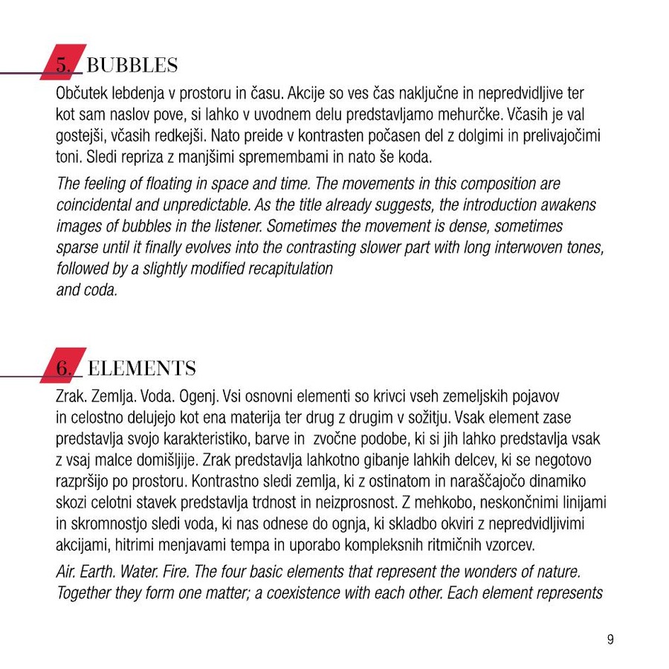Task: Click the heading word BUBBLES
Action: tap(132, 65)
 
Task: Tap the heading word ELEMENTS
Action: tap(141, 368)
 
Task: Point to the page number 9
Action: tap(610, 639)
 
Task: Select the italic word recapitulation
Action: tap(286, 268)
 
